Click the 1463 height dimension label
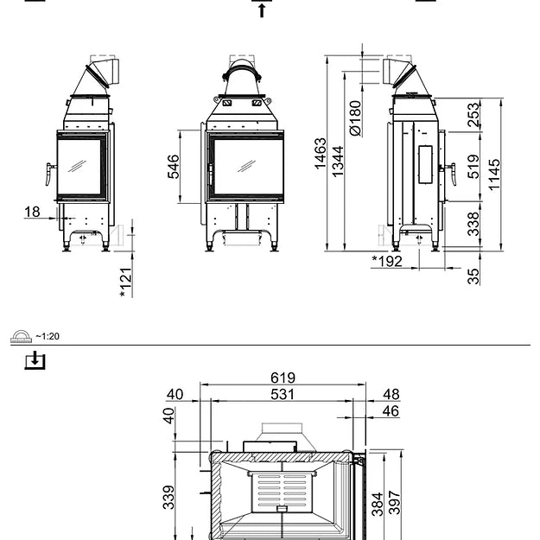321,154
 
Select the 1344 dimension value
338,161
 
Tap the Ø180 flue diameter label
355,118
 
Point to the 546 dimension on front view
174,167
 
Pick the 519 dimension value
473,167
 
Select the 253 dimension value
473,116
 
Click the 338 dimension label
473,224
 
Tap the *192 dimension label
387,261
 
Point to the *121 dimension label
125,282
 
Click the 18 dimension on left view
32,212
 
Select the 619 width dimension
283,378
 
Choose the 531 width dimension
283,394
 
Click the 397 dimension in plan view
395,504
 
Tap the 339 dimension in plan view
169,497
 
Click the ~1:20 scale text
48,336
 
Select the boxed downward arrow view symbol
34,359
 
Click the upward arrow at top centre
262,10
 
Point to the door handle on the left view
49,174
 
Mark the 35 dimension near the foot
473,276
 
